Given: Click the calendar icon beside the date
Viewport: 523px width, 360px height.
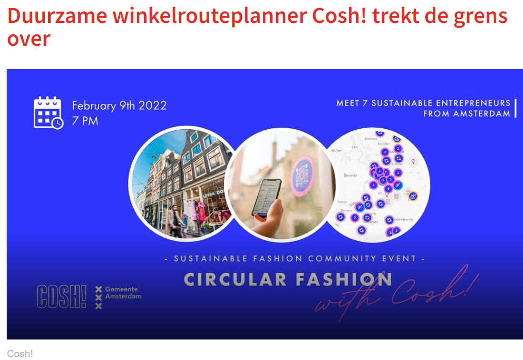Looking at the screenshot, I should tap(48, 113).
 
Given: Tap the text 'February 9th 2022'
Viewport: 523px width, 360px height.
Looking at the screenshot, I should tap(119, 105).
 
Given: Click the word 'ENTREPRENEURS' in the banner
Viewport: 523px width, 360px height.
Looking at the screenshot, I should tap(465, 103).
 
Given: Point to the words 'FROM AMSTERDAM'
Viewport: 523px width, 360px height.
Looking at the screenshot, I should tap(466, 114).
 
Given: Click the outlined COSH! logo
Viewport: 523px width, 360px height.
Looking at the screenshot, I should tap(62, 296).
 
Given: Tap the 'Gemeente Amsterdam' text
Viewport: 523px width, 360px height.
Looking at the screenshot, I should tap(123, 293).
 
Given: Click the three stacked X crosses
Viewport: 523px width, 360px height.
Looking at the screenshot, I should tap(99, 298).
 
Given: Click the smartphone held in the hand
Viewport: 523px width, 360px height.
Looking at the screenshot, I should tap(265, 198).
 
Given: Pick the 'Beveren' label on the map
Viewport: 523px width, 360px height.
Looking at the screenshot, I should tap(350, 175).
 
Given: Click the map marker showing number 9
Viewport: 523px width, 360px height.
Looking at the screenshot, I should tap(383, 180).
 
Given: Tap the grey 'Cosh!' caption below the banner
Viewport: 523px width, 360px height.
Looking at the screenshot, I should tap(20, 354).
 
